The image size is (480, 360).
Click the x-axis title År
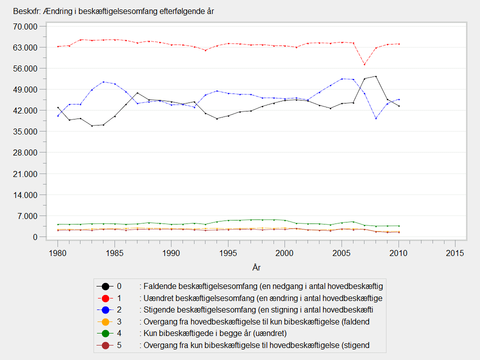(256, 268)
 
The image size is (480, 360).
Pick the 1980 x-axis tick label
(57, 253)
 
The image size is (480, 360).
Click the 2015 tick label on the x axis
(455, 253)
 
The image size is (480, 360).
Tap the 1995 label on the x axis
(228, 253)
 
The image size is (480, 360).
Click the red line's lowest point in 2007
(364, 64)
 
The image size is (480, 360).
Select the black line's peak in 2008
(375, 76)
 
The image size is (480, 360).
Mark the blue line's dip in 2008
(375, 118)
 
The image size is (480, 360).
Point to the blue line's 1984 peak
(103, 82)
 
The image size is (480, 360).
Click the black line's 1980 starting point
(58, 107)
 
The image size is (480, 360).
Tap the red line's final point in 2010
(398, 44)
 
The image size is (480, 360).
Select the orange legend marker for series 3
(105, 322)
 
